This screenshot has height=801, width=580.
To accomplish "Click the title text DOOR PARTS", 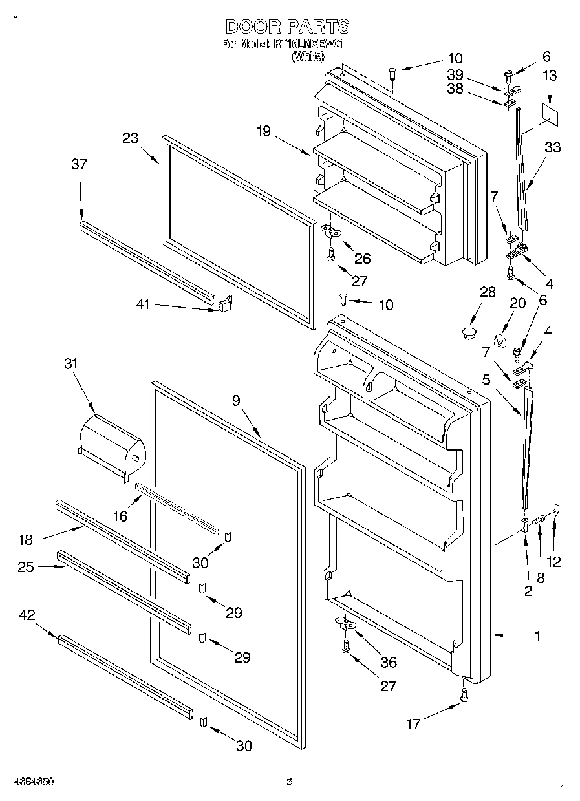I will pyautogui.click(x=288, y=27).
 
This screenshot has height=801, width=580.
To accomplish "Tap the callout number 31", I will pyautogui.click(x=70, y=364).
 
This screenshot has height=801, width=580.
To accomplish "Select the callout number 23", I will pyautogui.click(x=131, y=137).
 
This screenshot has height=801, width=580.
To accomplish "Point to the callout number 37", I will pyautogui.click(x=79, y=165).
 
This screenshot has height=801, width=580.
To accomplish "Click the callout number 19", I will pyautogui.click(x=263, y=132).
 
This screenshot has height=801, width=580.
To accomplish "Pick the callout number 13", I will pyautogui.click(x=549, y=76).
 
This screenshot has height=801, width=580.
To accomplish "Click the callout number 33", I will pyautogui.click(x=552, y=147).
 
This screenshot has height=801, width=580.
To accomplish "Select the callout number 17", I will pyautogui.click(x=412, y=725).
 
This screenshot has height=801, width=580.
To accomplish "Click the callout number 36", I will pyautogui.click(x=389, y=662).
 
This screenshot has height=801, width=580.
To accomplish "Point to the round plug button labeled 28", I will pyautogui.click(x=468, y=334).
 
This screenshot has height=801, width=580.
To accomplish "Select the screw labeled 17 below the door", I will pyautogui.click(x=464, y=693).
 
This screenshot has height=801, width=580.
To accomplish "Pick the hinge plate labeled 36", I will pyautogui.click(x=346, y=623).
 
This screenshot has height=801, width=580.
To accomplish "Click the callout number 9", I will pyautogui.click(x=236, y=401).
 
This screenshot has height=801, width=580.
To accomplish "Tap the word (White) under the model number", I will pyautogui.click(x=308, y=57).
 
